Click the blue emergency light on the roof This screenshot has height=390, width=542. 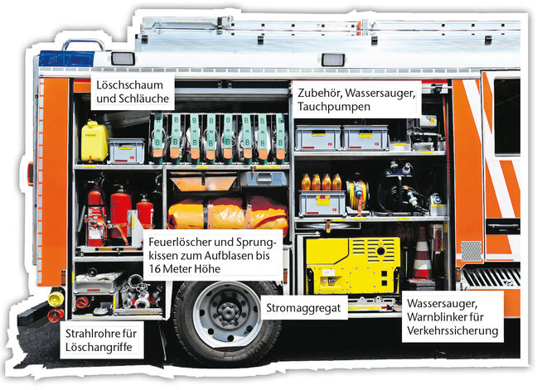(x=66, y=59)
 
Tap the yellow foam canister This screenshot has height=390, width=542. (x=94, y=141)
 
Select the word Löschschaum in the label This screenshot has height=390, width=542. (x=129, y=85)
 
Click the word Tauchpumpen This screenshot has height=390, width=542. (x=333, y=107)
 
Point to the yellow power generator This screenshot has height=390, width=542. (x=352, y=265)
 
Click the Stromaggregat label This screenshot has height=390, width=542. (x=303, y=308)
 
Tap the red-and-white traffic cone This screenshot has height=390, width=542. (x=422, y=255)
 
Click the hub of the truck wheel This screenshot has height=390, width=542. (x=228, y=310)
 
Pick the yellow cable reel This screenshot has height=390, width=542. (x=358, y=195)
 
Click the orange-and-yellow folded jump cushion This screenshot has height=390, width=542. (x=228, y=213)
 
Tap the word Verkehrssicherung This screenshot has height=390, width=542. (x=452, y=330)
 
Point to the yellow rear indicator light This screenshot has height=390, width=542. (x=56, y=299)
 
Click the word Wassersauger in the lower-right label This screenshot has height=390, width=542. (x=443, y=304)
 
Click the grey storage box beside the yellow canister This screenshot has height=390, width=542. (x=127, y=151)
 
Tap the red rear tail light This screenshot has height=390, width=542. (x=56, y=315)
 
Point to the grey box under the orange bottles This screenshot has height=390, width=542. (x=322, y=204)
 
